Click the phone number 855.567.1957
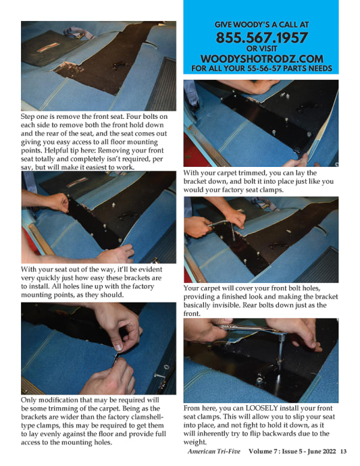point(261,38)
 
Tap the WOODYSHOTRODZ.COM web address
point(261,59)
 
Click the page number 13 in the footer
point(343,451)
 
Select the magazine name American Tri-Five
point(213,451)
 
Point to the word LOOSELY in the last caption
point(261,408)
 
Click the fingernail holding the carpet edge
point(119,347)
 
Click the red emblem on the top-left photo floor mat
point(47,47)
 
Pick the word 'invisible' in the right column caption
point(226,305)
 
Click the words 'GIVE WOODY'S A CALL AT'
point(261,24)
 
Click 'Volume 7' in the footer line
point(261,451)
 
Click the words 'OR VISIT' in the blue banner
point(261,49)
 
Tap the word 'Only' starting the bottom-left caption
point(28,400)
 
